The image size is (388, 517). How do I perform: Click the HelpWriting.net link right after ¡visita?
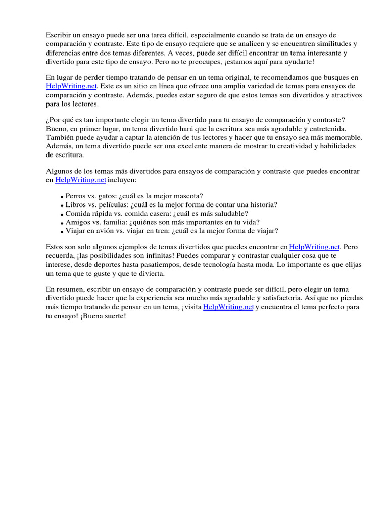click(x=228, y=307)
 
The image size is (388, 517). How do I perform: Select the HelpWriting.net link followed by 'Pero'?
click(x=314, y=247)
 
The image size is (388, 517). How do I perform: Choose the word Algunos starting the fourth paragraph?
click(x=60, y=171)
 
